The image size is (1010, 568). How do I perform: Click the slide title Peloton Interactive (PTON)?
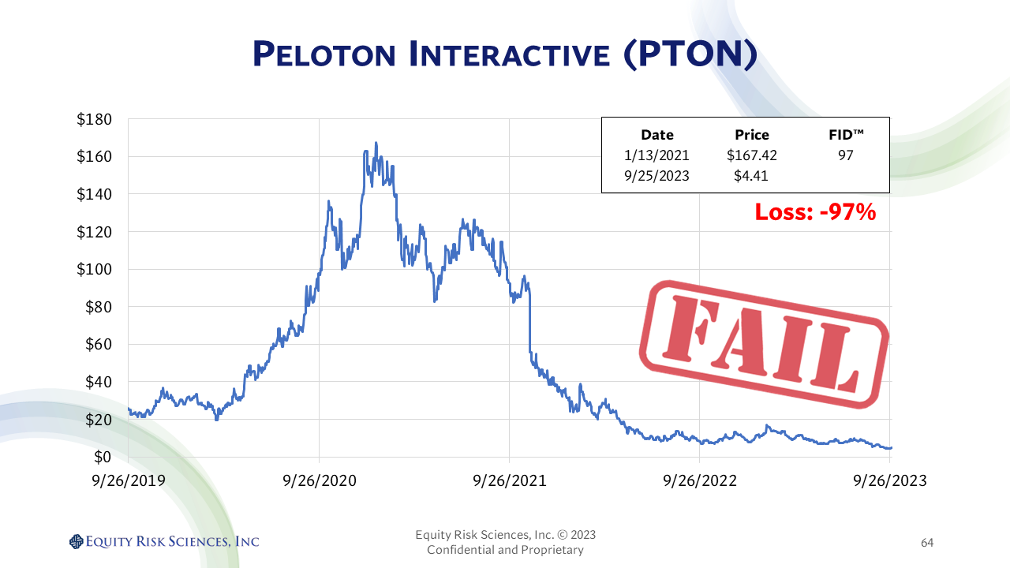[505, 54]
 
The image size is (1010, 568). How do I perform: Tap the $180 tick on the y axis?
[93, 119]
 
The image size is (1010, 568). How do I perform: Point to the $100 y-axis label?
[93, 269]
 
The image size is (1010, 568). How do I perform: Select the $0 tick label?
[103, 457]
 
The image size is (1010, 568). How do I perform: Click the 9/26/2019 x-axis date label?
[128, 480]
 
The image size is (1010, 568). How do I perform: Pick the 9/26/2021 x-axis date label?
[509, 480]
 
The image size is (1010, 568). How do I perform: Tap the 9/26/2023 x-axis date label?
[890, 480]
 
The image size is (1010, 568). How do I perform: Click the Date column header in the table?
[656, 135]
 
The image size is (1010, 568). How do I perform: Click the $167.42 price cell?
[751, 155]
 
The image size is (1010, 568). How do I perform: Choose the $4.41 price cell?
[751, 176]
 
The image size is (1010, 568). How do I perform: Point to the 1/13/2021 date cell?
[656, 155]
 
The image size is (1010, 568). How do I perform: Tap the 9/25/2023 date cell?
[656, 176]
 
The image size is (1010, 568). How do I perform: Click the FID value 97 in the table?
[845, 155]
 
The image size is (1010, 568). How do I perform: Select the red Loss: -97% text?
[815, 212]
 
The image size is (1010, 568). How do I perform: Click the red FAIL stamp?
[763, 345]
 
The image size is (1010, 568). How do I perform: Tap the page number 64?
[927, 543]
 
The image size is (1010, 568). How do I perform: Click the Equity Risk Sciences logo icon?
[76, 541]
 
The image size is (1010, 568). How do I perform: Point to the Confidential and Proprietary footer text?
[505, 550]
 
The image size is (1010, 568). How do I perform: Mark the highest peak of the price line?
[376, 143]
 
